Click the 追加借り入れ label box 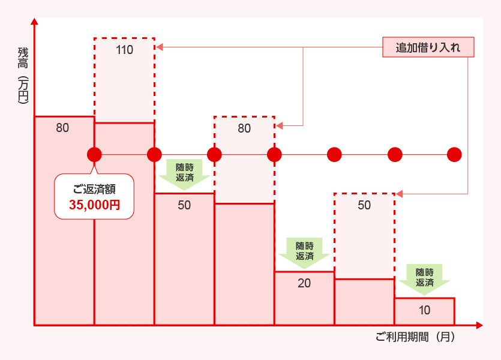[428, 47]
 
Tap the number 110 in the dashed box [124, 50]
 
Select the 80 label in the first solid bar [62, 128]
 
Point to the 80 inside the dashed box [244, 128]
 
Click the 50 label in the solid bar [184, 205]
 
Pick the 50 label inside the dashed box [364, 205]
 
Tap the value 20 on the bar [304, 283]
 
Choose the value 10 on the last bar [424, 310]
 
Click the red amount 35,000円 [94, 205]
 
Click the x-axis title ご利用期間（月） [415, 337]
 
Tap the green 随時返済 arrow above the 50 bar [184, 173]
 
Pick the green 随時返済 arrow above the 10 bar [424, 278]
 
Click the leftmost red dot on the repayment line [94, 155]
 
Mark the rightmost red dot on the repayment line [454, 155]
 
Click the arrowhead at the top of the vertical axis [35, 22]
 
